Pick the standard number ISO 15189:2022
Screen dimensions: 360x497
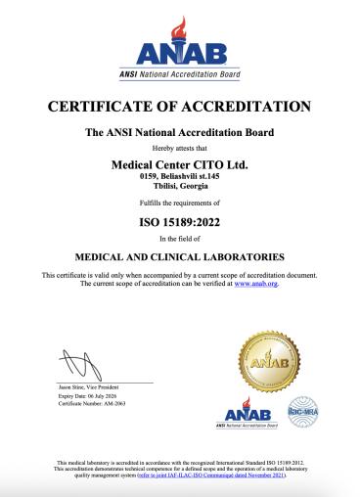(x=179, y=221)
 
